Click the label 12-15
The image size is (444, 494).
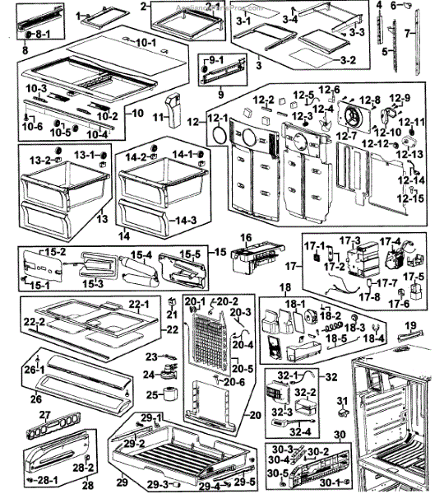tap(412, 198)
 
